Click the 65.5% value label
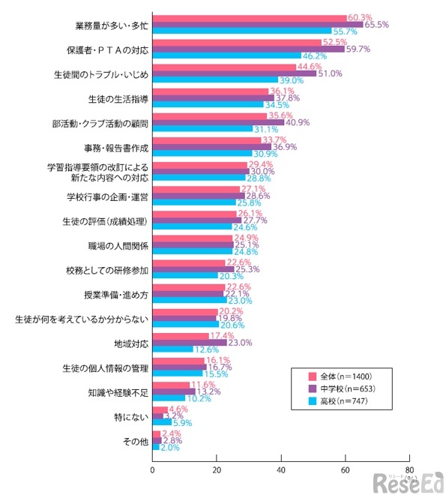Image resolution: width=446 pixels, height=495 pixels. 376,25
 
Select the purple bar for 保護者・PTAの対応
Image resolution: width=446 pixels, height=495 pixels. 248,49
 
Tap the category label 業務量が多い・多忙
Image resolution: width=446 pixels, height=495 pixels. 112,25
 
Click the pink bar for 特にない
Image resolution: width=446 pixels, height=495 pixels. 160,408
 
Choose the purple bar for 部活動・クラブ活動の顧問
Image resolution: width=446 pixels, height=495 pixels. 218,122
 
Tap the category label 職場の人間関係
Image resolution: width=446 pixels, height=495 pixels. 118,245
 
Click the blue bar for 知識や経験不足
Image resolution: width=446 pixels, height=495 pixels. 169,398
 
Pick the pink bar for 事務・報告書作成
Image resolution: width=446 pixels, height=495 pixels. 206,139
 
